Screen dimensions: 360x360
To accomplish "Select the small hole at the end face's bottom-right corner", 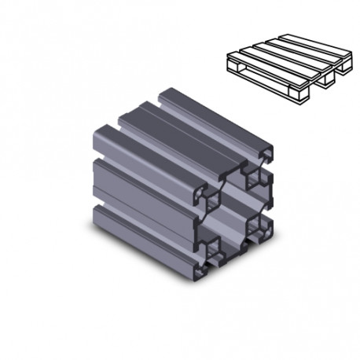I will [257, 228].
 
